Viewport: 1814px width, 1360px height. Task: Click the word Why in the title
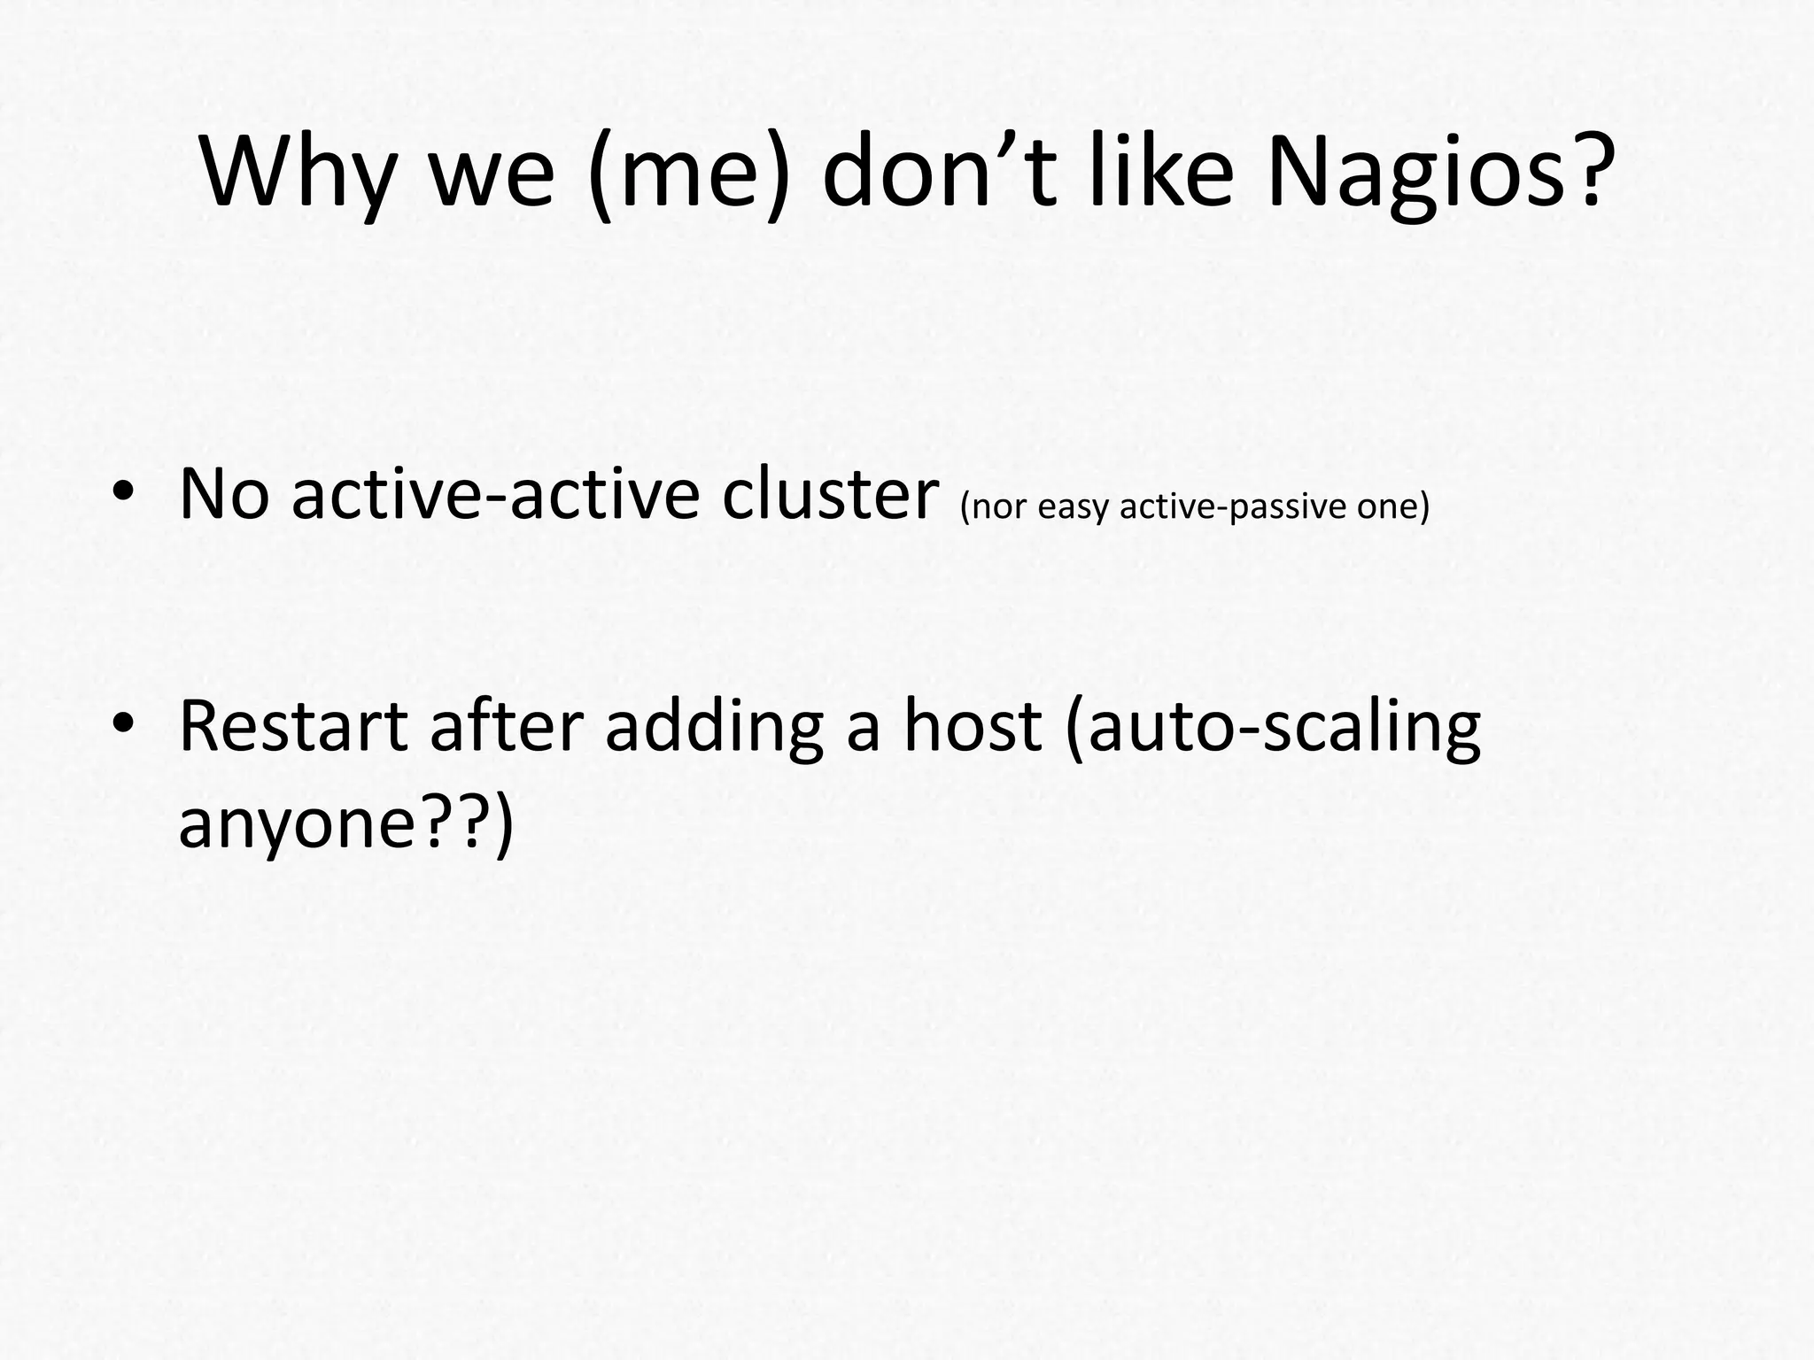(298, 173)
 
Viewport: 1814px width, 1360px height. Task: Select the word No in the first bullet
(224, 494)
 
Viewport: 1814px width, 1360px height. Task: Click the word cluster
(830, 494)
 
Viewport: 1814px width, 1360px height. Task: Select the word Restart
(293, 726)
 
